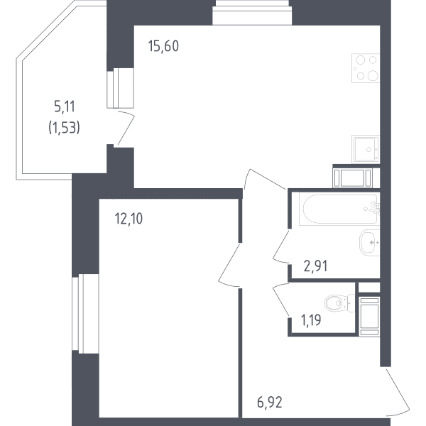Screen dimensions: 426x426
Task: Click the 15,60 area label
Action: [x=163, y=46]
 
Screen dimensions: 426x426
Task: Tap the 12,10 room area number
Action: [x=129, y=219]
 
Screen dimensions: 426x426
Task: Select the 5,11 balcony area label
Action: [x=65, y=106]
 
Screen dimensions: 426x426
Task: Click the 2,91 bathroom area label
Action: [x=315, y=266]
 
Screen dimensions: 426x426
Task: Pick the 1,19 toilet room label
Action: [x=311, y=319]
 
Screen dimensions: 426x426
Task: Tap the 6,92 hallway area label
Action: [x=270, y=403]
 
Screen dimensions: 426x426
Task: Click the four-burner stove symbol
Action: [x=366, y=68]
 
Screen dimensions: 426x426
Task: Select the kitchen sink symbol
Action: [x=366, y=149]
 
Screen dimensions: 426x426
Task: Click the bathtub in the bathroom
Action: [x=339, y=209]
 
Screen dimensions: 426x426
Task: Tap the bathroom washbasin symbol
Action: [x=369, y=243]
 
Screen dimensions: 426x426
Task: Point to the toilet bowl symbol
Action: [x=339, y=302]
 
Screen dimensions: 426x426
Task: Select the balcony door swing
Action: [x=126, y=128]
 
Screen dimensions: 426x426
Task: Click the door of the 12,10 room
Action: [x=229, y=265]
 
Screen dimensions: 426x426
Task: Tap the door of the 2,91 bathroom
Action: [x=281, y=246]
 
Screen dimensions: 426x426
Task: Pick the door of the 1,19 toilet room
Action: [x=281, y=300]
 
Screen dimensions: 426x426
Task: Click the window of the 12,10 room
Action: [x=85, y=314]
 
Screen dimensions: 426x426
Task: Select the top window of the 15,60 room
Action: [x=252, y=13]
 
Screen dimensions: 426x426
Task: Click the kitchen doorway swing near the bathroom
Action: [x=265, y=179]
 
